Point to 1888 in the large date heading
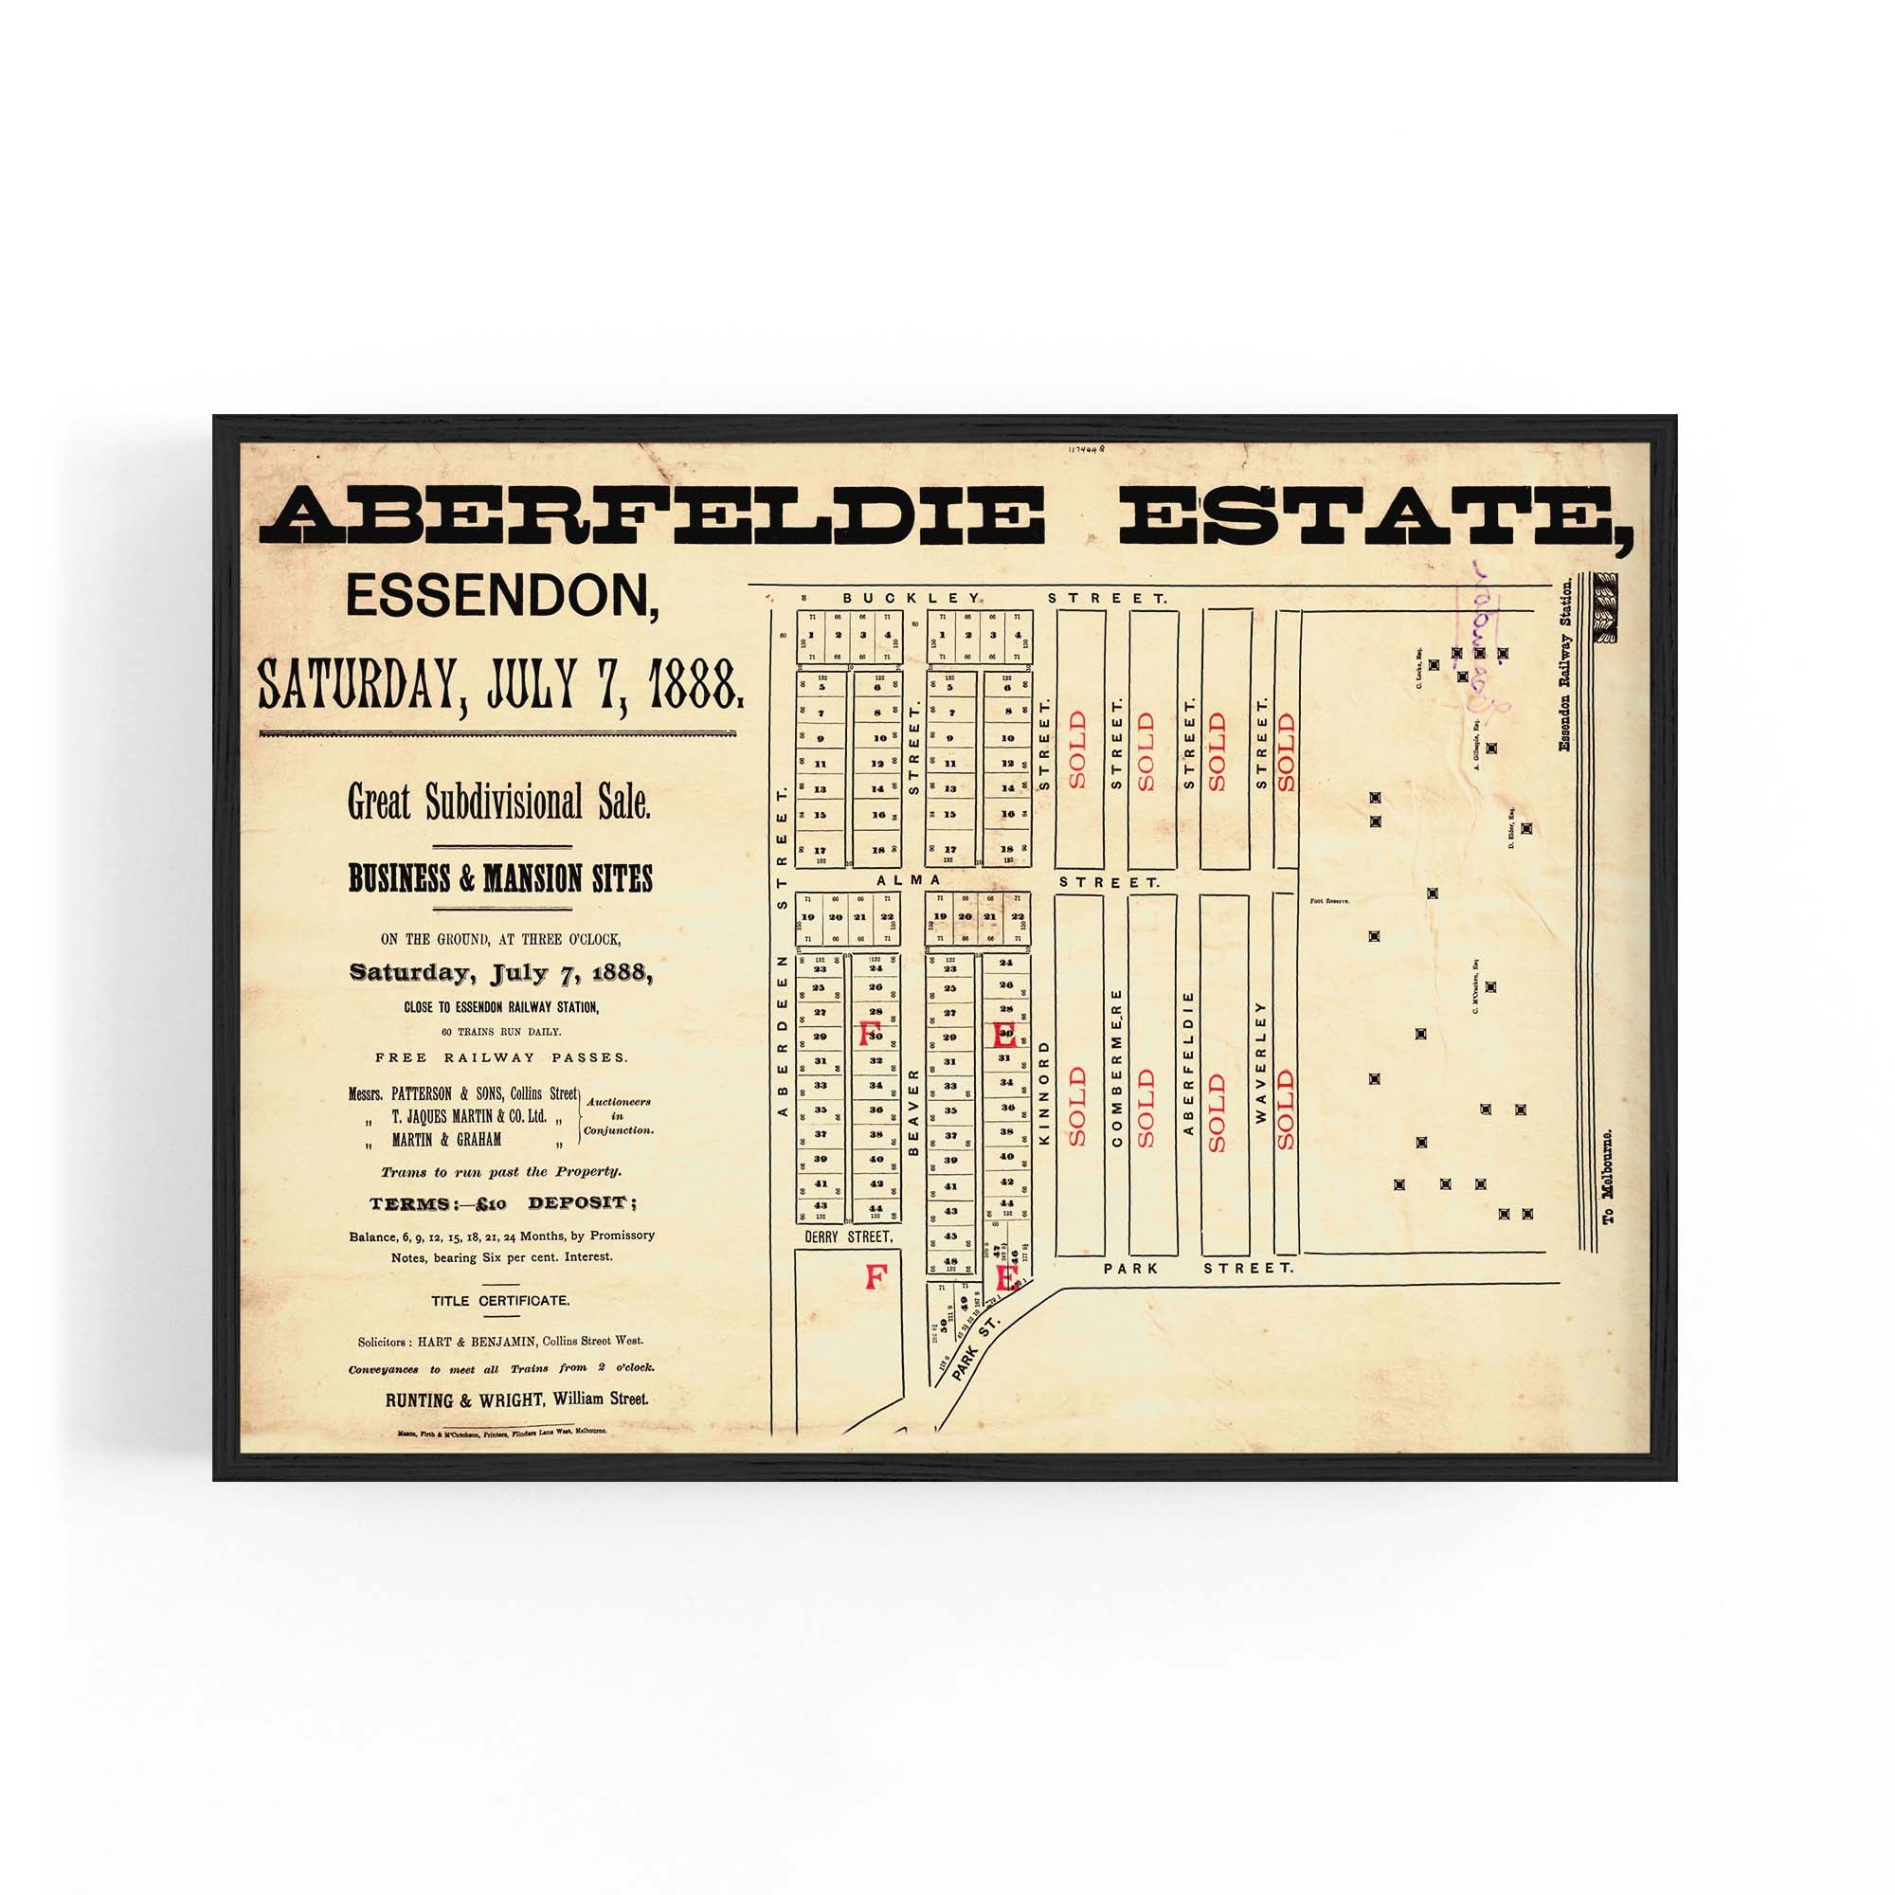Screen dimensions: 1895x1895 coord(692,685)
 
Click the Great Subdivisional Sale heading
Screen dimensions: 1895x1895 coord(499,803)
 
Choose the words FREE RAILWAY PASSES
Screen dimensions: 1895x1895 coord(500,1057)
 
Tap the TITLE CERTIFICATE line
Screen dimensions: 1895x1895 coord(499,1301)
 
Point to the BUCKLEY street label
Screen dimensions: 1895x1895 coord(911,597)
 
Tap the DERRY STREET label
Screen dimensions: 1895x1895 coord(848,1236)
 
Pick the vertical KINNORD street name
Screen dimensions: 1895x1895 coord(1043,1093)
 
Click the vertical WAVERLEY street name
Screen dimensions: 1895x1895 coord(1261,1062)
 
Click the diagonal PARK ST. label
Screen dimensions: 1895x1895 coord(975,1347)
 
